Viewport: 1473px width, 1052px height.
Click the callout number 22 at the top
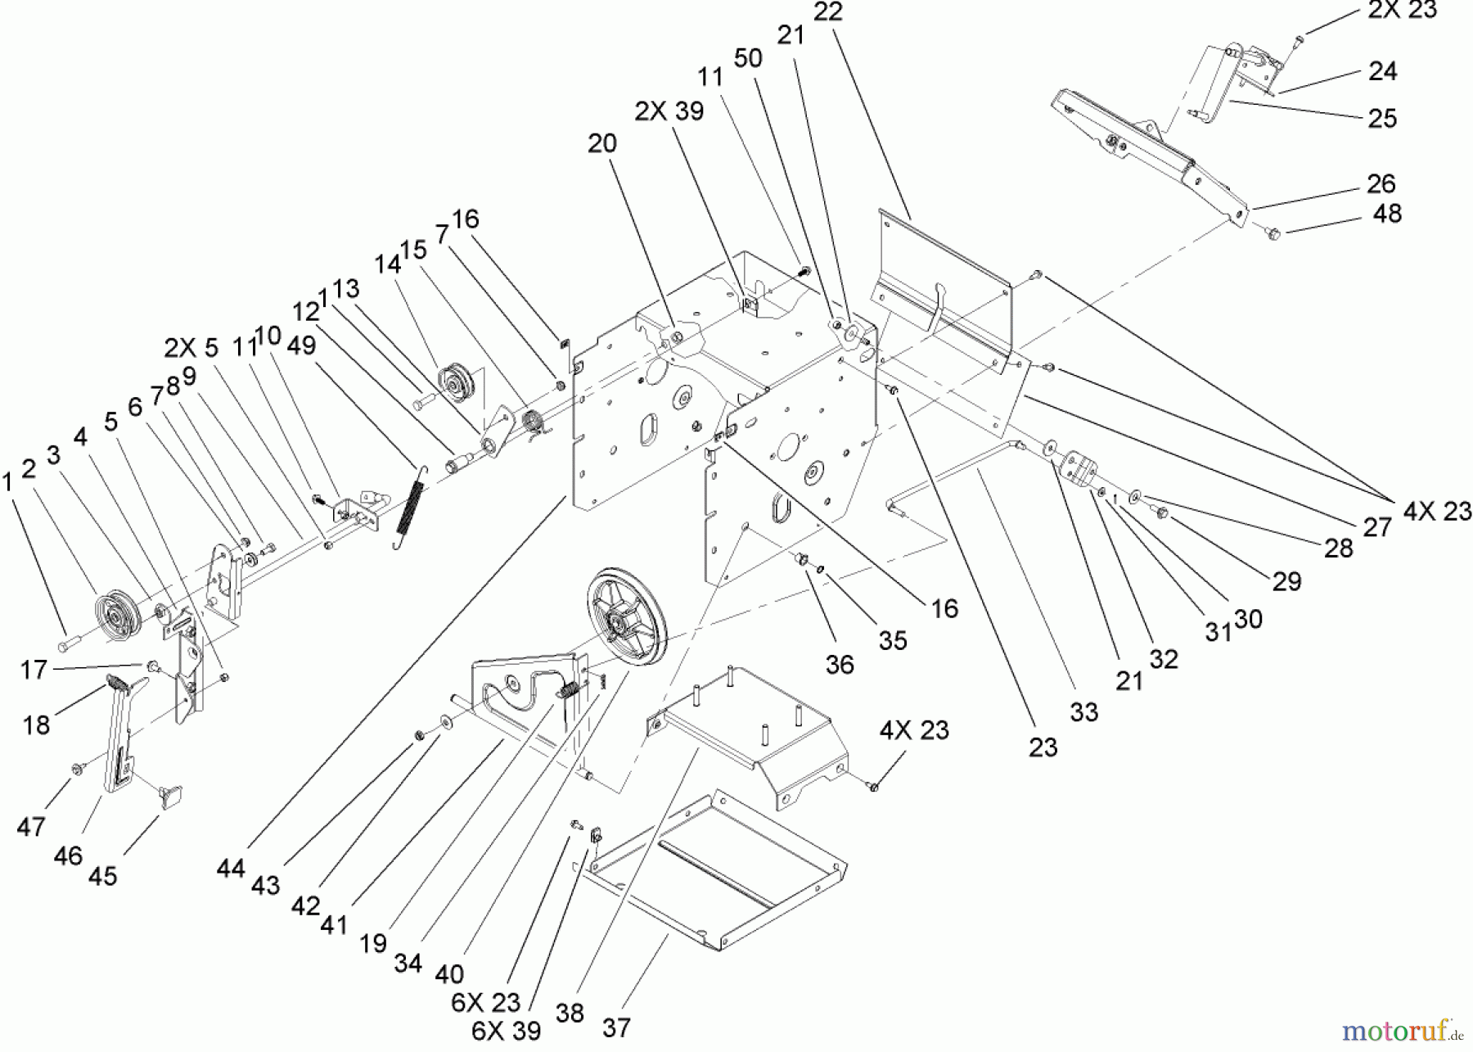(828, 11)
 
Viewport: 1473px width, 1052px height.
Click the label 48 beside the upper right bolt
(1386, 214)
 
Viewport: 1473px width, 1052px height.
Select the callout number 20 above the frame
(602, 143)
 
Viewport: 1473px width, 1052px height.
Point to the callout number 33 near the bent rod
(1083, 712)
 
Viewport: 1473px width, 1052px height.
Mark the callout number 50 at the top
(748, 58)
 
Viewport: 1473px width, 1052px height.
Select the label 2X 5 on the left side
(191, 348)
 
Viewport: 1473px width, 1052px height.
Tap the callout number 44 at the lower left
(231, 868)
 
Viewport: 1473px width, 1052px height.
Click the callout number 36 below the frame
(840, 664)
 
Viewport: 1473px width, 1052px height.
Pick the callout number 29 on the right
(1286, 581)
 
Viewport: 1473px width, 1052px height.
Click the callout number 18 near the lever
(37, 725)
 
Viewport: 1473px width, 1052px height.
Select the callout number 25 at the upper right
(1382, 118)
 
